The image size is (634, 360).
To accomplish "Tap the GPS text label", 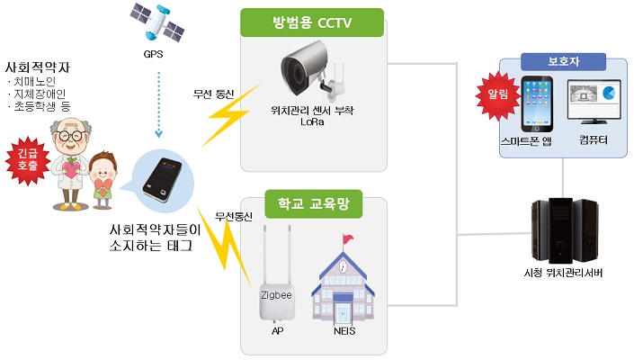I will pyautogui.click(x=154, y=53).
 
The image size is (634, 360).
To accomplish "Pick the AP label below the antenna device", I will pyautogui.click(x=277, y=330).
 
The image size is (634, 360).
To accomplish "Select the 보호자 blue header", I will pyautogui.click(x=563, y=65).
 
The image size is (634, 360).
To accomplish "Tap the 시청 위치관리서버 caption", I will pyautogui.click(x=562, y=272).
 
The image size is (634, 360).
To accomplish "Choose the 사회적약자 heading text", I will pyautogui.click(x=38, y=69).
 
